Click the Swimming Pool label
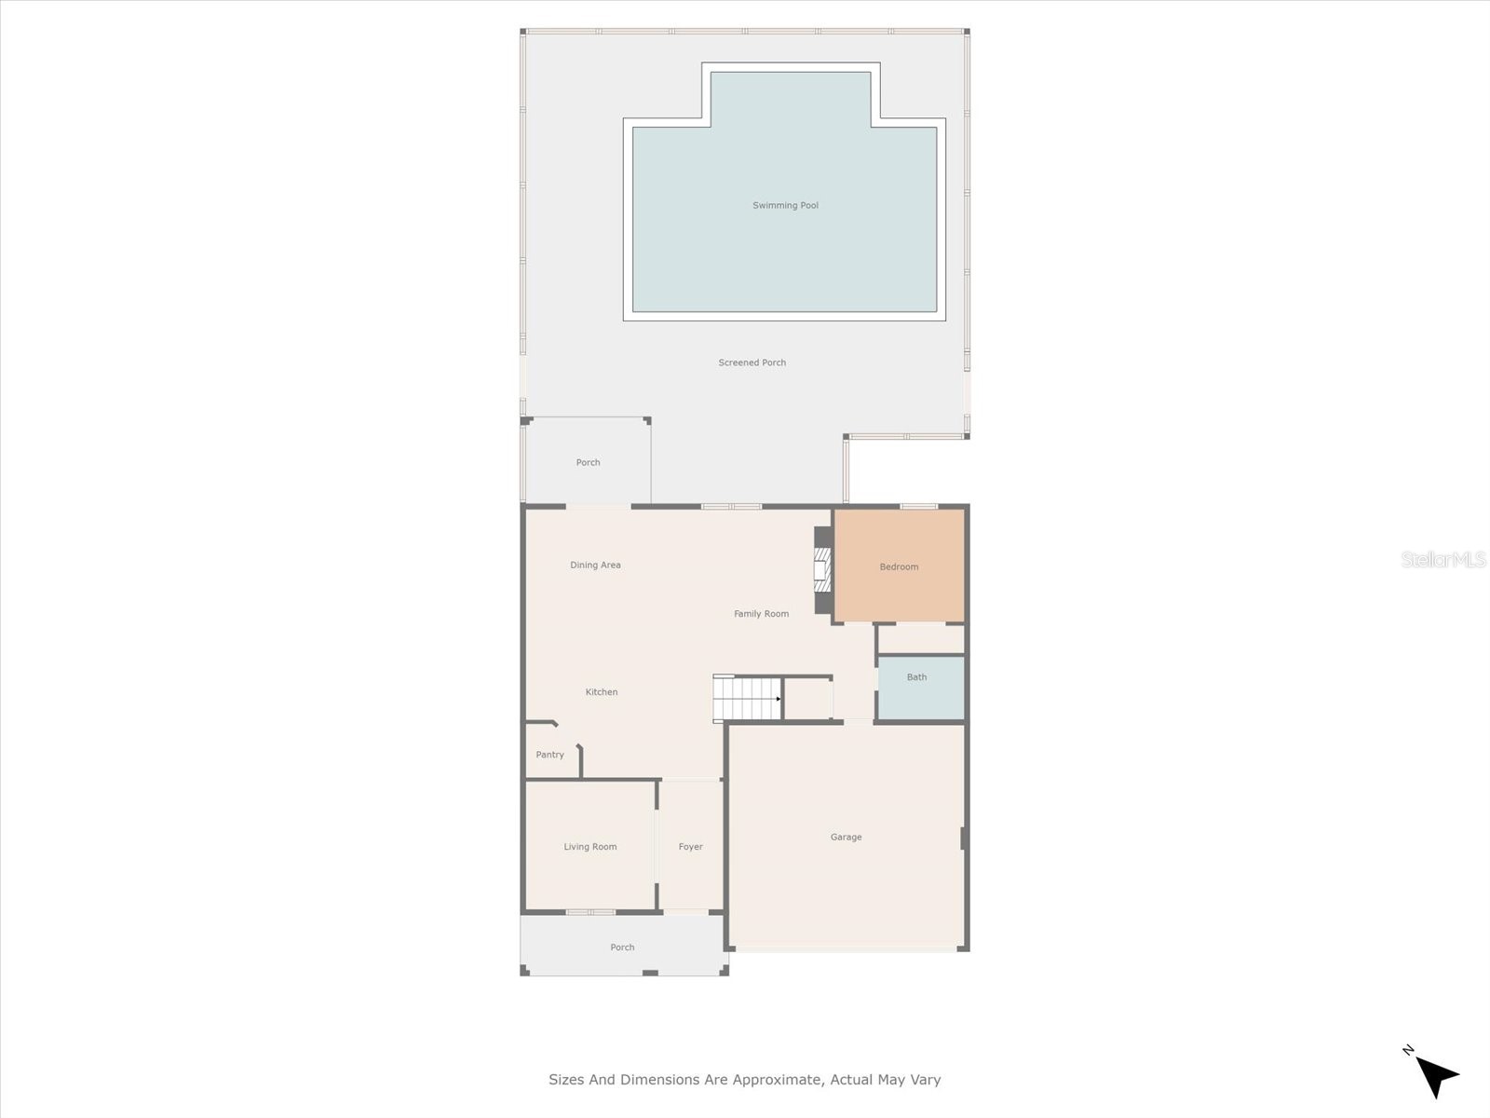785,205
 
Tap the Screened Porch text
752,362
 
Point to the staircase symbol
747,699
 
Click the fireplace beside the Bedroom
821,569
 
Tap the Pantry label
549,755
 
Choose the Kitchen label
601,691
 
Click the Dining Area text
595,565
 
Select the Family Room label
761,613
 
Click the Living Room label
589,846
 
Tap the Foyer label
690,846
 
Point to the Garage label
846,837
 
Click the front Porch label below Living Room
622,947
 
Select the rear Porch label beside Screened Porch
588,462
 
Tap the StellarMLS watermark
1443,559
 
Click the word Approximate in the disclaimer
776,1080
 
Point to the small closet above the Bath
920,639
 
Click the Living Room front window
590,911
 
